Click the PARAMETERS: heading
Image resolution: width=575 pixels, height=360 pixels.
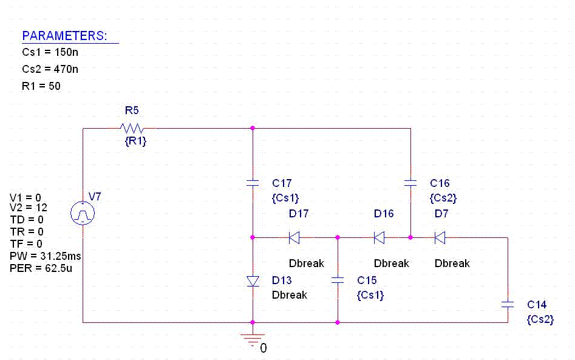point(64,36)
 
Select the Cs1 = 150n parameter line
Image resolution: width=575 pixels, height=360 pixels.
point(50,53)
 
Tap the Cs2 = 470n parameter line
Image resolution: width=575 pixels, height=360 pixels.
point(50,69)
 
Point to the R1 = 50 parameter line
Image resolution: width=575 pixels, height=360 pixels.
point(41,86)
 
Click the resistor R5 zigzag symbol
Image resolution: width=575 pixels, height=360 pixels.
point(132,128)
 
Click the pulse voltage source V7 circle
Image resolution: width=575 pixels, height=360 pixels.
point(83,213)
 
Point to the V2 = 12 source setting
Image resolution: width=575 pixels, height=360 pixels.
point(29,208)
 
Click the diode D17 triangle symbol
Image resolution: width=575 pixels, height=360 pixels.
point(294,237)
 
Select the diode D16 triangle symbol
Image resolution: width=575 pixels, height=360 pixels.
point(379,237)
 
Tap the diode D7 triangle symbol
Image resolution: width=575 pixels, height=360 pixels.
point(440,237)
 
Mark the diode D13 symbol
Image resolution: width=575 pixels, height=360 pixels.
point(253,280)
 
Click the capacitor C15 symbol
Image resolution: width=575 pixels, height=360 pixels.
point(338,280)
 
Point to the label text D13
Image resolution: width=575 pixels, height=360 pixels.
point(282,280)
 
